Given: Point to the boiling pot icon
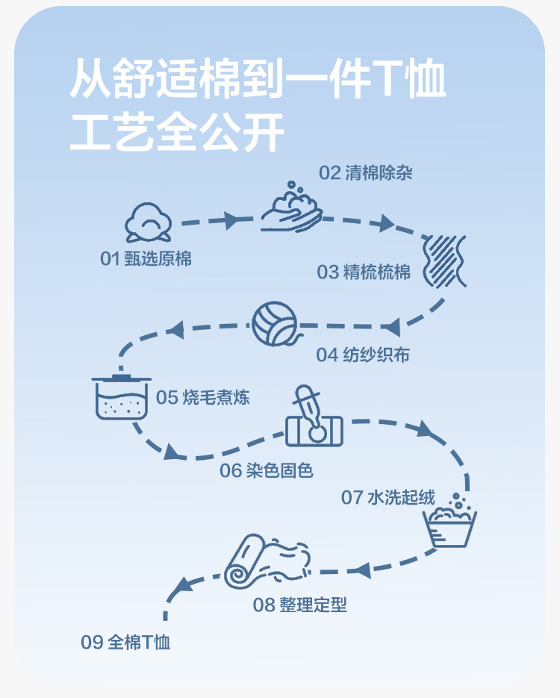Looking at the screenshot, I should click(119, 396).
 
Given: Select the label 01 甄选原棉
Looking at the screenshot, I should click(146, 258).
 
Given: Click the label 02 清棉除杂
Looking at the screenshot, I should click(366, 173).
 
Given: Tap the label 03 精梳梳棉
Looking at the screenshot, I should click(364, 272).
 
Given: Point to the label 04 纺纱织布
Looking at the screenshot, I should click(363, 355).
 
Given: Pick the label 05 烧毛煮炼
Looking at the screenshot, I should click(202, 397).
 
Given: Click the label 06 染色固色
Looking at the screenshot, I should click(266, 470).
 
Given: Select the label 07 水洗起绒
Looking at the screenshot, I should click(388, 497).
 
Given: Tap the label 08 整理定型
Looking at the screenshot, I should click(299, 604).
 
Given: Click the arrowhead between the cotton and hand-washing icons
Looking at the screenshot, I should click(231, 220).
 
